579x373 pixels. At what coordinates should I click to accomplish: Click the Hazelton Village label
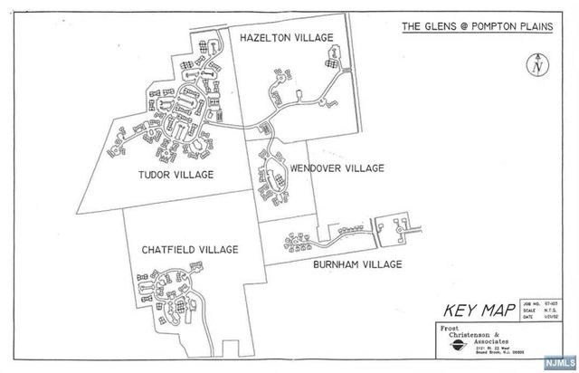pos(286,37)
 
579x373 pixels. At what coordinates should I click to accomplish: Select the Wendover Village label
pos(337,168)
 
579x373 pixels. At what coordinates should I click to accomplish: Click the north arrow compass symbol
pos(537,63)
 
